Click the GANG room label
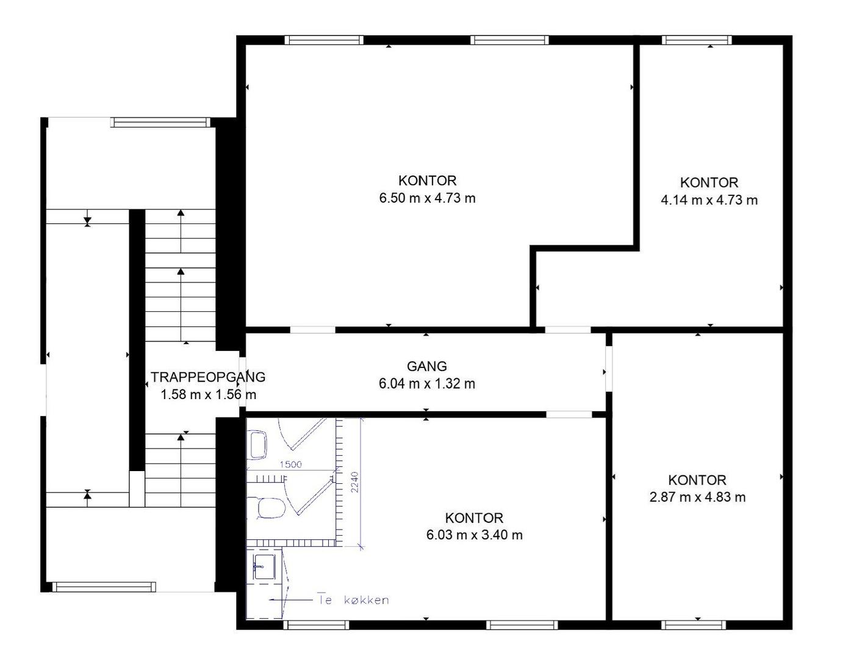pos(427,366)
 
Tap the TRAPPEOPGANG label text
pos(208,377)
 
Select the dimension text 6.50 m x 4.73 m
pos(427,198)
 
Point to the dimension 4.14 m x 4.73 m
pos(709,200)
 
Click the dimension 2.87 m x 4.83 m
pos(698,497)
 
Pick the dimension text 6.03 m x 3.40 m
pos(475,535)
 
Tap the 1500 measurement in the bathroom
pos(290,464)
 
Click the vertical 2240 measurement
pos(354,482)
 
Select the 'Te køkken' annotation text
pos(353,600)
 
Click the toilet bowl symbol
pos(271,508)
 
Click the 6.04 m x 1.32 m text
pos(427,384)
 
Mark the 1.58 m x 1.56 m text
pos(208,394)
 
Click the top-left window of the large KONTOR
pos(324,40)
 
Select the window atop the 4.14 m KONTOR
pos(697,40)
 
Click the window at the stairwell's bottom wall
pos(104,587)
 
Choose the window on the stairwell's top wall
pos(160,122)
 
